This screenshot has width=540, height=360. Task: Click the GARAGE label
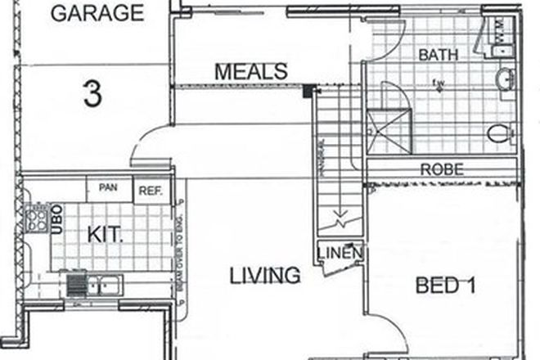[97, 13]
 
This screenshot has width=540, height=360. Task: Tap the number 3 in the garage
[92, 94]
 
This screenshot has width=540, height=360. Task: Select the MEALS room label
[250, 71]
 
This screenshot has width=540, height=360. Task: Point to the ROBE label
[442, 170]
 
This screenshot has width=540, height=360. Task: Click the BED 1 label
[446, 286]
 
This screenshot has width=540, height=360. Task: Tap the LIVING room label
[263, 275]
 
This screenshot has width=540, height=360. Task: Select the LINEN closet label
[340, 253]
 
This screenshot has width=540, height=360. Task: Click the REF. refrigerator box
[150, 191]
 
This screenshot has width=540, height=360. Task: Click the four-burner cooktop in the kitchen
[38, 217]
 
